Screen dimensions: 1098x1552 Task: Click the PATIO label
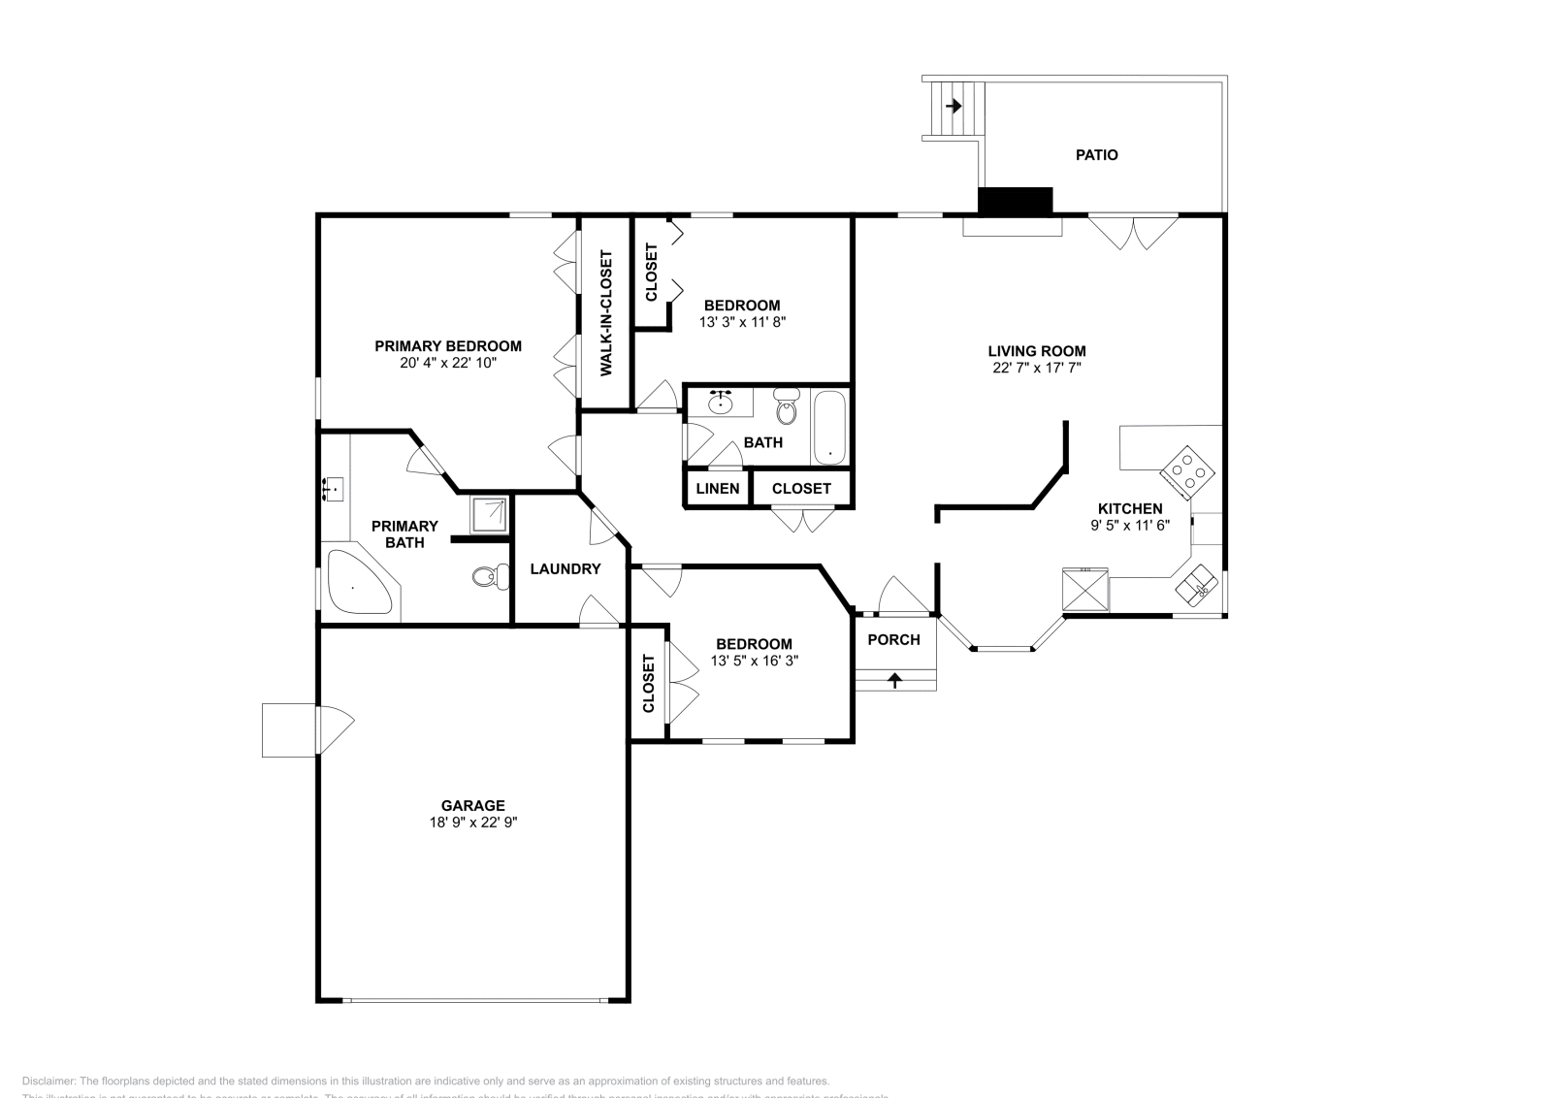click(x=1096, y=155)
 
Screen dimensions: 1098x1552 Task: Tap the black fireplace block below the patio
click(x=1015, y=201)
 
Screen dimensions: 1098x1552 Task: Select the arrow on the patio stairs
click(x=954, y=106)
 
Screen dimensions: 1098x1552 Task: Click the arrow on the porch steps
click(x=894, y=680)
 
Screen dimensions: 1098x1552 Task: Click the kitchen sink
click(x=1197, y=584)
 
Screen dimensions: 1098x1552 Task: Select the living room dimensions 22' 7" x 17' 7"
click(x=1036, y=368)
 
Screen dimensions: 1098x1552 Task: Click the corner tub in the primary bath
click(x=356, y=583)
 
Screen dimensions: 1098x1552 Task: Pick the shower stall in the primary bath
click(x=489, y=515)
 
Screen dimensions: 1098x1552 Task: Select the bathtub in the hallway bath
click(x=829, y=428)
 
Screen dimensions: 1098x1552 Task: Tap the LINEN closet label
click(x=718, y=489)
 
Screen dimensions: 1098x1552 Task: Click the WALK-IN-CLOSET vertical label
click(x=606, y=313)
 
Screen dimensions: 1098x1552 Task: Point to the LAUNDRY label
click(x=566, y=569)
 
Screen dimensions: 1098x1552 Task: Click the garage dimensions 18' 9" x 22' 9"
click(x=472, y=822)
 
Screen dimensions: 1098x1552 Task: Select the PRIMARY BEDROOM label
click(x=448, y=346)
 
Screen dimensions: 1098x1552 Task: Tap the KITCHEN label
click(x=1130, y=508)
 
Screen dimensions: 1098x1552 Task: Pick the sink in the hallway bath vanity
click(x=721, y=404)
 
